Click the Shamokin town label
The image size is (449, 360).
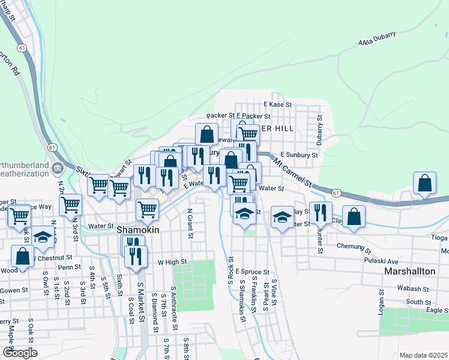[139, 230]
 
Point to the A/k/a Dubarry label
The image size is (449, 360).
[377, 40]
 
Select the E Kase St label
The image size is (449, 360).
[277, 104]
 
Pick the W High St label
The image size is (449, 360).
[172, 262]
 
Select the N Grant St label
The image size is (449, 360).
[190, 223]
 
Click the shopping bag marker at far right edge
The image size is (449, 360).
[424, 184]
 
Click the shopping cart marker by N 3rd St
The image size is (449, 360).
[71, 205]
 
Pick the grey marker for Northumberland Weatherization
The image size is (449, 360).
[58, 167]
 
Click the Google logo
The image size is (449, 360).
[20, 353]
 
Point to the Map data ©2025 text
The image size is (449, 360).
[423, 355]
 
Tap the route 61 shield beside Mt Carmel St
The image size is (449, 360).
[336, 193]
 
